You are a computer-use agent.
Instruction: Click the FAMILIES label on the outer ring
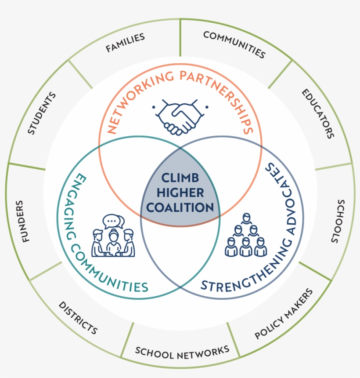click(x=125, y=43)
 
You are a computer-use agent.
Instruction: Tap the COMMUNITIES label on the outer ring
click(x=234, y=44)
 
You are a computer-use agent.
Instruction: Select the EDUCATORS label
click(x=317, y=113)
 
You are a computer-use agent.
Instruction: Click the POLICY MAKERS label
click(x=284, y=314)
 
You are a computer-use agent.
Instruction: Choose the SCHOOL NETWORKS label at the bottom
click(x=182, y=351)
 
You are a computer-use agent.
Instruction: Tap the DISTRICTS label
click(x=78, y=317)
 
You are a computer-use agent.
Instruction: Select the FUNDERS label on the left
click(x=23, y=222)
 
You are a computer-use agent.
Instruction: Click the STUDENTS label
click(x=42, y=113)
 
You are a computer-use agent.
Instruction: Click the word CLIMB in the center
click(x=180, y=178)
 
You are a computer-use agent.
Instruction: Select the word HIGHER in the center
click(x=180, y=193)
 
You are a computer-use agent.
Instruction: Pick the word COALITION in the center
click(x=180, y=207)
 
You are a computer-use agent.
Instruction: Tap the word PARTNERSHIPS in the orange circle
click(x=220, y=96)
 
